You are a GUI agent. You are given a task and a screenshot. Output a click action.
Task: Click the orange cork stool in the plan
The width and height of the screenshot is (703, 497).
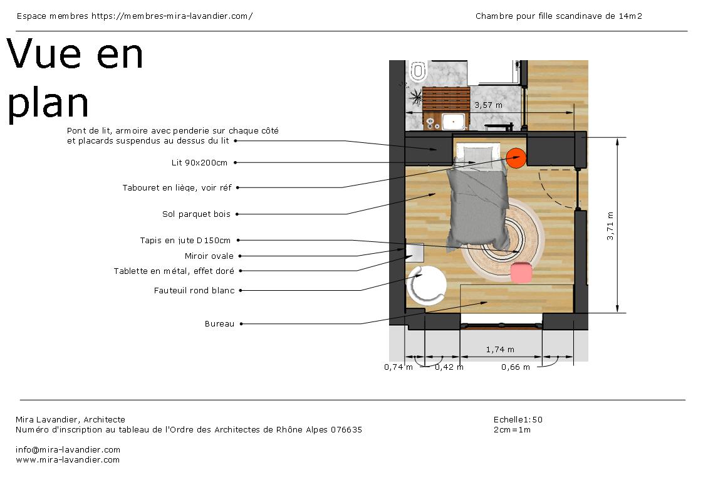point(516,159)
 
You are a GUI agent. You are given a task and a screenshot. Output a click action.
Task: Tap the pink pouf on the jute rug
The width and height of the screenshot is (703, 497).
point(521,273)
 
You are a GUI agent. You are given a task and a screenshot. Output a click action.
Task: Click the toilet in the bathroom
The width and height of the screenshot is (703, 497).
point(419,71)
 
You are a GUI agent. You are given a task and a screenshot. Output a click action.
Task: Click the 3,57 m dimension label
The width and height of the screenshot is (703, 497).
point(488,105)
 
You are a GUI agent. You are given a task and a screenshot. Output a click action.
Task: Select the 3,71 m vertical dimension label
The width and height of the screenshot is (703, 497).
point(610,226)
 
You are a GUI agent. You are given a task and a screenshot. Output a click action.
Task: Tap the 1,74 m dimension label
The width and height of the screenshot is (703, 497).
point(500,349)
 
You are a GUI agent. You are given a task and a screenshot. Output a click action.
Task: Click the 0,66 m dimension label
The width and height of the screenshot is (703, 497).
point(516,367)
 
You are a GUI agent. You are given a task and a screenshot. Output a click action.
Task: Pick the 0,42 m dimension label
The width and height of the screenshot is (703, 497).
point(449,367)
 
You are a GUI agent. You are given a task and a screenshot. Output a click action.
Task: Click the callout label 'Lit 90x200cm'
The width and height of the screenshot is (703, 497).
point(199,162)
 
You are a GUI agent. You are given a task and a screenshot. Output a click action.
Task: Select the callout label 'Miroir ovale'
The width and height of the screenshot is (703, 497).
point(209,256)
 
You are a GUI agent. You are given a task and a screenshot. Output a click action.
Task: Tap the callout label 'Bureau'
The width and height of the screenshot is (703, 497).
point(219,323)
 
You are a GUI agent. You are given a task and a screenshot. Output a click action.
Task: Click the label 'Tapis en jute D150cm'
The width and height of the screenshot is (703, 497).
point(185,241)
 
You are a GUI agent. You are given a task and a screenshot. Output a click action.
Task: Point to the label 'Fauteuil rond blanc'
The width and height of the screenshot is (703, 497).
point(194,290)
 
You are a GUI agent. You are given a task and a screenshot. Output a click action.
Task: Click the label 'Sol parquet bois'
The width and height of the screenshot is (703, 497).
point(196,214)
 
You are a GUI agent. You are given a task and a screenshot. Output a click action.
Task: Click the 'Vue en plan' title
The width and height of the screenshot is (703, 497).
point(75,78)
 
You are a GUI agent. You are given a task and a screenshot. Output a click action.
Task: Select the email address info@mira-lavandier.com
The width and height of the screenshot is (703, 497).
point(68,449)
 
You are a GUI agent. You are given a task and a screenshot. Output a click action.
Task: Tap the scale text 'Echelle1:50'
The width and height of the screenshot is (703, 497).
point(518,419)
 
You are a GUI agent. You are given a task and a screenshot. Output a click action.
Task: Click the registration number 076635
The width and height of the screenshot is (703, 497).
point(346,429)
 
